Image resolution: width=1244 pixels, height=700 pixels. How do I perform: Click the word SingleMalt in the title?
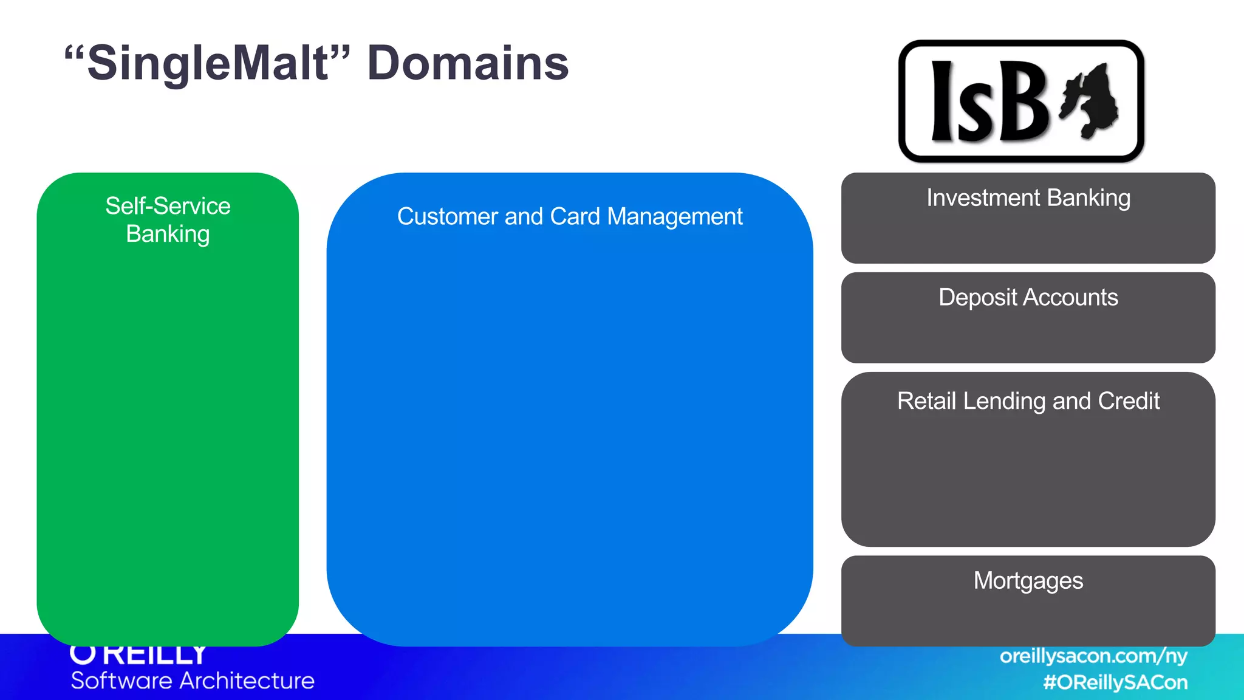coord(208,64)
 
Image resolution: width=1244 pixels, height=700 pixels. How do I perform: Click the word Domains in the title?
coord(468,64)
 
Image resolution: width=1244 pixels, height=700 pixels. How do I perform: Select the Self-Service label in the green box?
coord(168,206)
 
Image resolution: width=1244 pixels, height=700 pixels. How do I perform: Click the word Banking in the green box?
coord(168,235)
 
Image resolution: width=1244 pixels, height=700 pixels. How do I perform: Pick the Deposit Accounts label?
coord(1028,298)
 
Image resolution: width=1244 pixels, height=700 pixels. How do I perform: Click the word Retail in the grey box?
coord(926,401)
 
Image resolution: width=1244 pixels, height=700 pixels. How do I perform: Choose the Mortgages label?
coord(1028,581)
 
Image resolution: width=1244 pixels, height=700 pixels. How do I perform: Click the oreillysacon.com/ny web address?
coord(1093,656)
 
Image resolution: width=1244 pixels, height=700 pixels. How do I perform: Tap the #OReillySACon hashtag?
coord(1115,682)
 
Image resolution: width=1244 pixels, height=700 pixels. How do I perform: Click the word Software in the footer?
coord(121,681)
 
